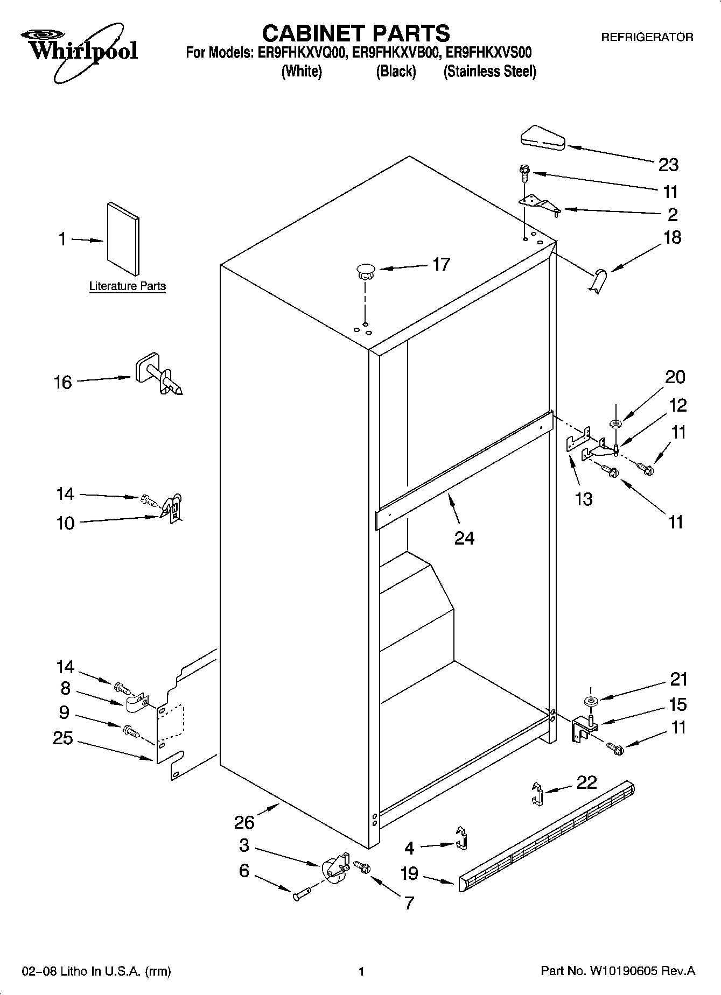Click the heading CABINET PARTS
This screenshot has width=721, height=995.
[355, 33]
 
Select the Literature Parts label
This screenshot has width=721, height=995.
[127, 286]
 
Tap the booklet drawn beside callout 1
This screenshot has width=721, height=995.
[123, 238]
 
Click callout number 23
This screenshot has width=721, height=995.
[668, 165]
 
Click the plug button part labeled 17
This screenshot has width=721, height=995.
[366, 270]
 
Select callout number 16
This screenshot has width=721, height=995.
[63, 383]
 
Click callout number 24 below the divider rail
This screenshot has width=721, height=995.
[464, 537]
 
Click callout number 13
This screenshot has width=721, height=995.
[584, 499]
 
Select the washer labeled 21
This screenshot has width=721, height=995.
[590, 701]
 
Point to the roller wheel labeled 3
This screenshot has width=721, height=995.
[334, 867]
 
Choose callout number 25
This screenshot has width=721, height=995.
[63, 738]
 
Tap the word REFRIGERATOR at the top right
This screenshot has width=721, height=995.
[647, 37]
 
